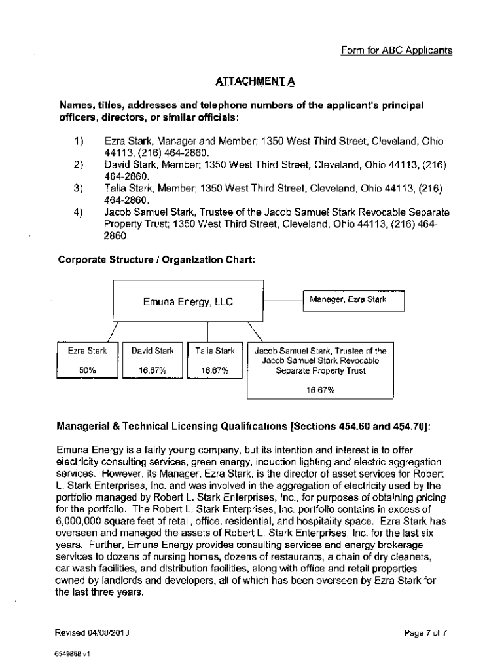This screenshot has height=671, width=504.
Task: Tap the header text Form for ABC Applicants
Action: point(397,50)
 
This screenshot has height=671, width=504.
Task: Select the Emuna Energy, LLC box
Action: point(188,302)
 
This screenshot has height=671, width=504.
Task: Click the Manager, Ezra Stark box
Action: point(353,300)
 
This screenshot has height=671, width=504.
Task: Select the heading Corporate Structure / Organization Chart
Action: point(156,259)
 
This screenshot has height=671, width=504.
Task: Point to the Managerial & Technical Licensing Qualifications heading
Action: point(243,427)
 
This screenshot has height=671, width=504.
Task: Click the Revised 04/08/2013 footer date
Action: point(92,633)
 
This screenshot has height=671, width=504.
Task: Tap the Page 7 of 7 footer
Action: point(426,633)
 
